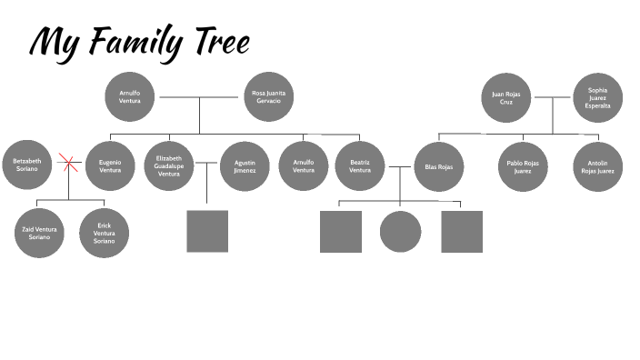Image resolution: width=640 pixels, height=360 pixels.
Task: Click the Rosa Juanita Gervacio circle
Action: (267, 96)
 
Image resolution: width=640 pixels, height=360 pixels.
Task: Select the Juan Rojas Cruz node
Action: (506, 97)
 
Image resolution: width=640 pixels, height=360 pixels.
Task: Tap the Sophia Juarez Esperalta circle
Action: (597, 97)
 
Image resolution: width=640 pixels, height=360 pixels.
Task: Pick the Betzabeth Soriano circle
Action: (27, 165)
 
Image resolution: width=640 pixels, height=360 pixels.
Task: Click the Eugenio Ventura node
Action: (110, 166)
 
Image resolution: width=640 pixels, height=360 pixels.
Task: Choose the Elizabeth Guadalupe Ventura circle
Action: (169, 166)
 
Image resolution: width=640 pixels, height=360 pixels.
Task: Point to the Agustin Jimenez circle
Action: (245, 166)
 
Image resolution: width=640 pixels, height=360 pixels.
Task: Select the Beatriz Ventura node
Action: (360, 166)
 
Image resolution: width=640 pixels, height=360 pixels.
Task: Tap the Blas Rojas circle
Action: (439, 166)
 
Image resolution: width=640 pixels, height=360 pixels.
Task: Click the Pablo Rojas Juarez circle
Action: (523, 166)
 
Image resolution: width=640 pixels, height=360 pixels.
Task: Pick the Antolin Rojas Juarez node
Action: (597, 166)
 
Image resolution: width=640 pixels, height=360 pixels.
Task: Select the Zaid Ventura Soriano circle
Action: (39, 233)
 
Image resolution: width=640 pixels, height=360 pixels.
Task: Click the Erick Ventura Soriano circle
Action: (104, 233)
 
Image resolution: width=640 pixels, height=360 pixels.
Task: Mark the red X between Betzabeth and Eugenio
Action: (68, 164)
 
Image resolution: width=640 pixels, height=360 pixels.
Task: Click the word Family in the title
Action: (139, 42)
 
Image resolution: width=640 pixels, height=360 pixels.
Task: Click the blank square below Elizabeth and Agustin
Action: (207, 231)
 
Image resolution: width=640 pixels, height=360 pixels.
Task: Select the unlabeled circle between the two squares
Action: (400, 231)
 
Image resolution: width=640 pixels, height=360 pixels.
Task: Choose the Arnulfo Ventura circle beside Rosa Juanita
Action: (130, 96)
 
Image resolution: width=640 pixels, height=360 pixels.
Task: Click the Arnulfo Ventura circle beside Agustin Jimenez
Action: (303, 166)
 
